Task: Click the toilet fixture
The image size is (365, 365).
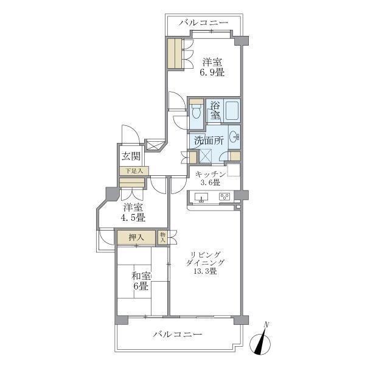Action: (x=196, y=111)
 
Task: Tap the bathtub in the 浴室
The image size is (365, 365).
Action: (x=232, y=111)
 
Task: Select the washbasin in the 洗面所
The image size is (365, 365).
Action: (x=234, y=137)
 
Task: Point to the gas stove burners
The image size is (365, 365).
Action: (x=224, y=196)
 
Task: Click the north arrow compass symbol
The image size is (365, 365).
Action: (x=260, y=340)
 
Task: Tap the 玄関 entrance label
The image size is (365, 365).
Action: (x=131, y=156)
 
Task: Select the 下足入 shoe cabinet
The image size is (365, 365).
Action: (x=134, y=171)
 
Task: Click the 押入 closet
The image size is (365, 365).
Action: (x=136, y=238)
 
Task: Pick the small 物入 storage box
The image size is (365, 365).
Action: (x=162, y=237)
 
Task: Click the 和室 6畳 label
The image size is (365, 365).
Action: (x=141, y=281)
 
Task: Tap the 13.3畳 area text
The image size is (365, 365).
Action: (x=206, y=271)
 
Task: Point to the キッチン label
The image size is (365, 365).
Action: (x=210, y=174)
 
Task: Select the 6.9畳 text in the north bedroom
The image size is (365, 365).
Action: (x=212, y=72)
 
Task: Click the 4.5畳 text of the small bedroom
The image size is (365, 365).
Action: (x=133, y=218)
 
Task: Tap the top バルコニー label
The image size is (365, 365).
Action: (x=204, y=23)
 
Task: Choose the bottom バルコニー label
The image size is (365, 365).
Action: (x=178, y=335)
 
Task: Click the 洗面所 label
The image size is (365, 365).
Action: (x=209, y=141)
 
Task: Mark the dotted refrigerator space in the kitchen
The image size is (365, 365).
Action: (x=234, y=170)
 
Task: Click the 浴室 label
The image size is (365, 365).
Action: (x=215, y=111)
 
